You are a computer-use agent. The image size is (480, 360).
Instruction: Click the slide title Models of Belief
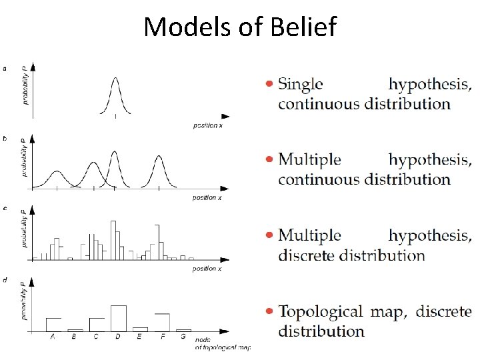[x=240, y=27]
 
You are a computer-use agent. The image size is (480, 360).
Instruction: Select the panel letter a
[x=5, y=67]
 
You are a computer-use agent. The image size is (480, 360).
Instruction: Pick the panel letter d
[x=5, y=280]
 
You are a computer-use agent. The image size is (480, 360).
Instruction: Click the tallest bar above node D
[x=118, y=317]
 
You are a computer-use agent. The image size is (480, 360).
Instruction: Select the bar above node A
[x=53, y=324]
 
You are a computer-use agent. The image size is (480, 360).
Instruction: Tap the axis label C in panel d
[x=96, y=337]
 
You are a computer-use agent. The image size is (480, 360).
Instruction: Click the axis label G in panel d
[x=183, y=337]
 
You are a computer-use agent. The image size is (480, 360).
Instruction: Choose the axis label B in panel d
[x=75, y=337]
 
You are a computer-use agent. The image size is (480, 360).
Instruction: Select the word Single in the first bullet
[x=300, y=85]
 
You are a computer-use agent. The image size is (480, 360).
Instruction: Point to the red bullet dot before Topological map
[x=269, y=311]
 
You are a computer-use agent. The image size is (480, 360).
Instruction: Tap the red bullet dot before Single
[x=269, y=84]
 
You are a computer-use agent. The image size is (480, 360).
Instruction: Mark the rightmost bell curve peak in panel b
[x=159, y=159]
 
